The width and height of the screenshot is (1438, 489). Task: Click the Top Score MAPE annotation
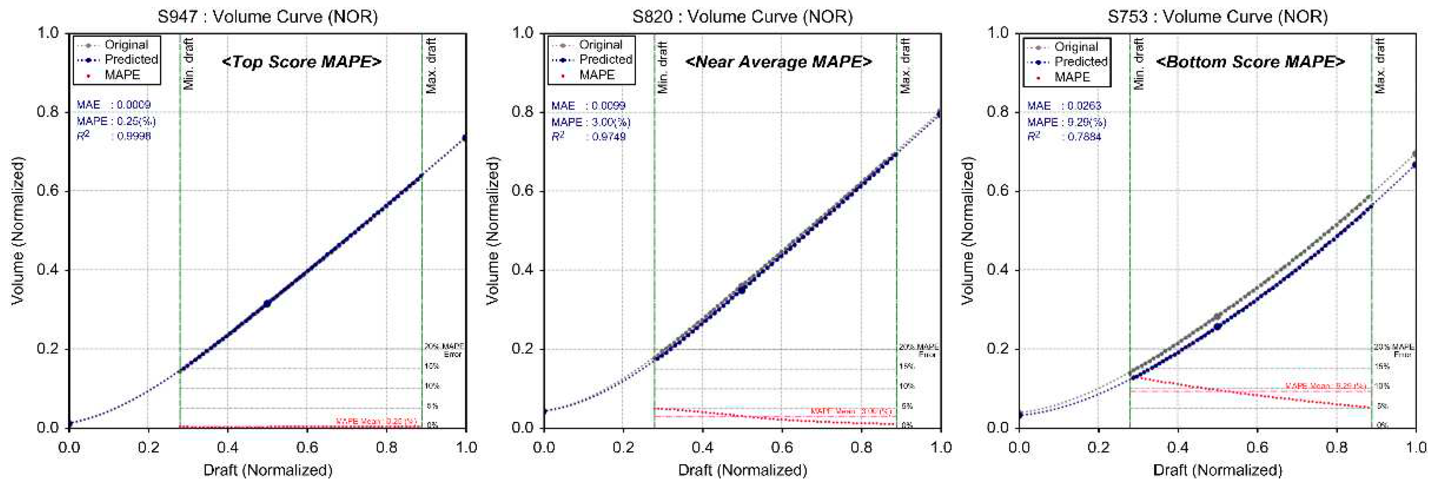coord(301,62)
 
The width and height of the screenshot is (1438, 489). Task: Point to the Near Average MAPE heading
coord(778,62)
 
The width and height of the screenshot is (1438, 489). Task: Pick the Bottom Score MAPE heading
coord(1250,62)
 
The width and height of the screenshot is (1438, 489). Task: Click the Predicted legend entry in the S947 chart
coord(130,59)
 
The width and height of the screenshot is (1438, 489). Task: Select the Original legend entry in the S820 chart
coord(600,45)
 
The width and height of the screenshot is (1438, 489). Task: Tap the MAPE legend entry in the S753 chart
coord(1071,77)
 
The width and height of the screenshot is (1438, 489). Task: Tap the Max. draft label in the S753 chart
coord(1380,66)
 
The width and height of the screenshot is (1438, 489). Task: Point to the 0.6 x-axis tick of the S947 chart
coord(307,447)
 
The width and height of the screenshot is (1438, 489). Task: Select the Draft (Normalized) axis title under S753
coord(1217,470)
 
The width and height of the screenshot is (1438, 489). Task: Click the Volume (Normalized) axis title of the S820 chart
coord(492,230)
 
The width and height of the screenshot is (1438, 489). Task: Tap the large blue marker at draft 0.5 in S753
coord(1217,326)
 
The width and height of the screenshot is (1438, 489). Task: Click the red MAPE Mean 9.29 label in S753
coord(1325,386)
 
